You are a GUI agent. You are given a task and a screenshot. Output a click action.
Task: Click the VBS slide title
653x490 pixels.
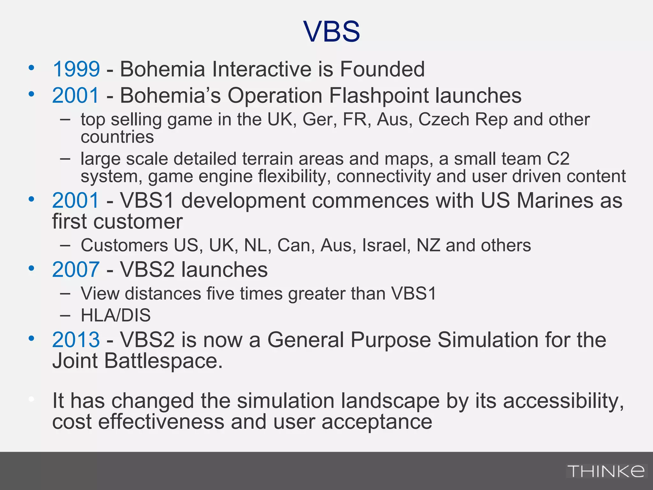[332, 31]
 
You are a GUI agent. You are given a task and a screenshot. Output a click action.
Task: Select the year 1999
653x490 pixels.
[76, 69]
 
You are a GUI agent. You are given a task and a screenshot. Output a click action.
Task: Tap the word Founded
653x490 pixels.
[382, 69]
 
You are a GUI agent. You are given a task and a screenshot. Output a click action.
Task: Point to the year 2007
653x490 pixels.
[76, 270]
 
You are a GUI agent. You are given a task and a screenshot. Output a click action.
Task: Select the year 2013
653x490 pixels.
[76, 339]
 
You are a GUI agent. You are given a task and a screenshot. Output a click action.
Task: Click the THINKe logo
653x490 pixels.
[606, 471]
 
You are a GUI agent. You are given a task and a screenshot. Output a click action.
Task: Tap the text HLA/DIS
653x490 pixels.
[115, 315]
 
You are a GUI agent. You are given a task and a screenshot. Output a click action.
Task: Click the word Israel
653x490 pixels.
[386, 245]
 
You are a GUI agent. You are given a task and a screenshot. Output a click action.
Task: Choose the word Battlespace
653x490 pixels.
[162, 361]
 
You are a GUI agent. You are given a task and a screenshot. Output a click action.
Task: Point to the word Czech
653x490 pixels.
[444, 120]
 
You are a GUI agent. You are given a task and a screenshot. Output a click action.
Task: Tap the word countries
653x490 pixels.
[117, 137]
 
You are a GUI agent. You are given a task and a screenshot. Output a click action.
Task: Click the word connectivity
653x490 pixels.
[384, 176]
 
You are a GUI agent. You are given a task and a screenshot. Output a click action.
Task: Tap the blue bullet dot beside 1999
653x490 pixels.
[31, 68]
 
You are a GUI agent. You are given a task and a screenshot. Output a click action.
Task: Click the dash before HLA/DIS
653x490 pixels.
[65, 315]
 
